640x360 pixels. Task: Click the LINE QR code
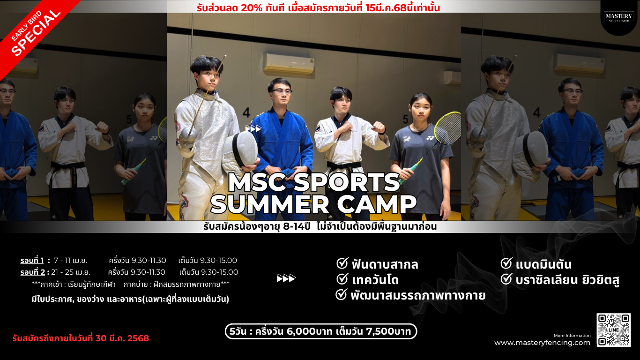(x=613, y=330)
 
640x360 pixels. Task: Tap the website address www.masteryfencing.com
(x=542, y=343)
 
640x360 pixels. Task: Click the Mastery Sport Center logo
(x=619, y=17)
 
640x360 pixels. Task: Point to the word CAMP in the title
(x=377, y=204)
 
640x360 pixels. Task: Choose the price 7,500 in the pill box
(x=380, y=331)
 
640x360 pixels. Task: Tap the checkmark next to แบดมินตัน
(x=506, y=263)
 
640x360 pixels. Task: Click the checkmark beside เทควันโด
(x=342, y=279)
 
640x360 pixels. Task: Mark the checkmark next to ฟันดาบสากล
(x=342, y=263)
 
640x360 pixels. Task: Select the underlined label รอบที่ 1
(x=32, y=261)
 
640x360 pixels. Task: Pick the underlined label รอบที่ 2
(x=33, y=272)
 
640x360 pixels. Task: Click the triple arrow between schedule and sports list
(x=286, y=278)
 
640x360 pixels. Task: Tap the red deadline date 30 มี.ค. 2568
(x=122, y=338)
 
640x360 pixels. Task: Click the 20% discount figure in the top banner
(x=252, y=8)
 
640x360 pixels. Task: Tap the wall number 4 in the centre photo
(x=246, y=112)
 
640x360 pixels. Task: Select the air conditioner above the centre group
(x=289, y=63)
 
